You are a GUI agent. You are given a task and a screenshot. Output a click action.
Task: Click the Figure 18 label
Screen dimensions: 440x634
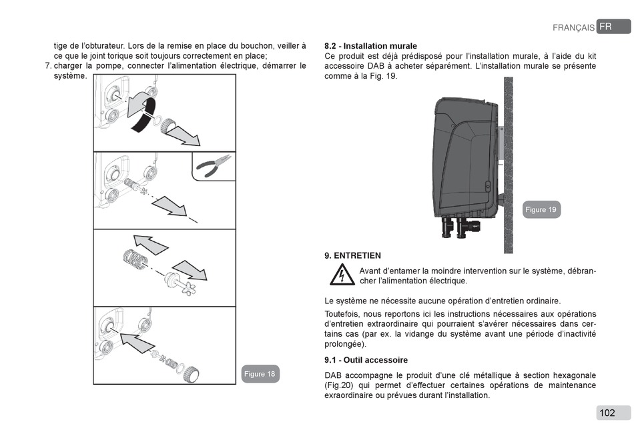pyautogui.click(x=260, y=374)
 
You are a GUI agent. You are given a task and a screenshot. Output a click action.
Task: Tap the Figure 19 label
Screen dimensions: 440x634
pyautogui.click(x=541, y=209)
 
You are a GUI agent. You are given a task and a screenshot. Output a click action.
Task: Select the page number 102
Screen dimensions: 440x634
pyautogui.click(x=607, y=413)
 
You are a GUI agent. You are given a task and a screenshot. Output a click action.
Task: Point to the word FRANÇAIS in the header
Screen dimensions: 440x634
pyautogui.click(x=573, y=28)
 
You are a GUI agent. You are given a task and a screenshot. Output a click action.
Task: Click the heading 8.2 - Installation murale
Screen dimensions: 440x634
pyautogui.click(x=370, y=46)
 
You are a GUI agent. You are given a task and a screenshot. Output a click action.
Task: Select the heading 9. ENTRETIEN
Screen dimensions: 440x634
pyautogui.click(x=352, y=255)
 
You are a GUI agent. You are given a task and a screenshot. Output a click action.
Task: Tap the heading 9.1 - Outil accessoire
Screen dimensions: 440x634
pyautogui.click(x=366, y=360)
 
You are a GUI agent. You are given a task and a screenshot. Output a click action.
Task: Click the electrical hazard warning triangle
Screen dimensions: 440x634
pyautogui.click(x=341, y=275)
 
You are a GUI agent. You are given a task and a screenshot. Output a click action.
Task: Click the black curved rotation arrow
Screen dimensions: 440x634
pyautogui.click(x=142, y=111)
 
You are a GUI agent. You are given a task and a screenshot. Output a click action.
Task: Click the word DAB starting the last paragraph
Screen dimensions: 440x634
pyautogui.click(x=333, y=375)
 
